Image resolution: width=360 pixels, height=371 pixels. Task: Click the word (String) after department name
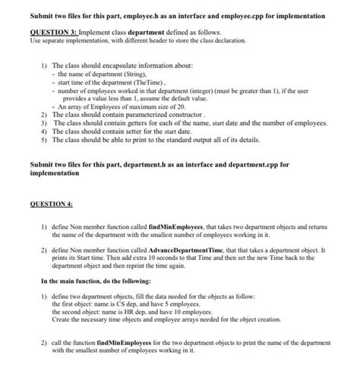click(x=129, y=75)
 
